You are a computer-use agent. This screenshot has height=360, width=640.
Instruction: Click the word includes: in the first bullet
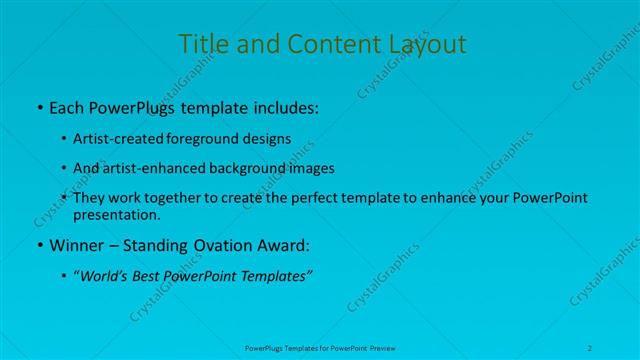coord(283,105)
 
